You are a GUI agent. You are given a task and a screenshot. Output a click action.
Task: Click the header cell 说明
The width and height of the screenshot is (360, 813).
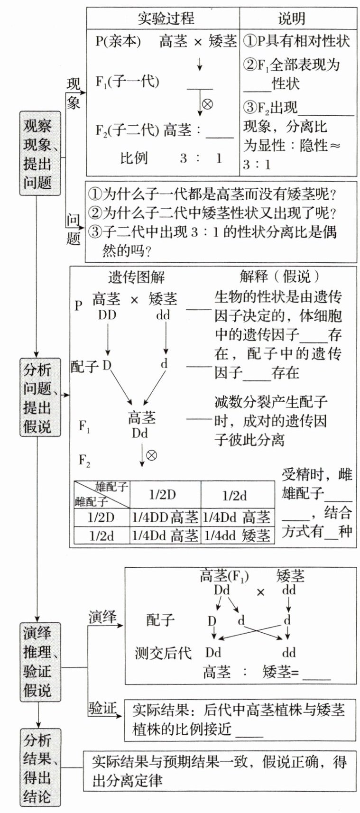pos(291,18)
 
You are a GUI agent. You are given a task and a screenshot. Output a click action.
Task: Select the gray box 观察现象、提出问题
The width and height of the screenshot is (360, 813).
pos(40,153)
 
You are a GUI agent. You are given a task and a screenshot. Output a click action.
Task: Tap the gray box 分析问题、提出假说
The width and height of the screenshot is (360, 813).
pos(40,397)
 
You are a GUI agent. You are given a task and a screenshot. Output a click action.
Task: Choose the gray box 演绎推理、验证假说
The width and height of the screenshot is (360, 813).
pos(40,662)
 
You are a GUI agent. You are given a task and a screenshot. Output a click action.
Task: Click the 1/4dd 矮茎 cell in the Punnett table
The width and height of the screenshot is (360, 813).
pos(237,536)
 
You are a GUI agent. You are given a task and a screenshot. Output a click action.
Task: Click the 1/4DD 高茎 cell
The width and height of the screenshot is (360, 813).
pos(165,517)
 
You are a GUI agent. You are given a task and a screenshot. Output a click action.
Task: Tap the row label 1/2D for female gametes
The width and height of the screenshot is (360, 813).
pos(101,517)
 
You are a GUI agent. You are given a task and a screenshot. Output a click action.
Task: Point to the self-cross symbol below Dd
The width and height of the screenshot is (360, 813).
pos(151,456)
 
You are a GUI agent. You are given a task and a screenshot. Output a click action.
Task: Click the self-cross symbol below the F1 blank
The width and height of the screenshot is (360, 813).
pos(207,103)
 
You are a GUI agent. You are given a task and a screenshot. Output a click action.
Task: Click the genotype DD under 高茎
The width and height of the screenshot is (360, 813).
pos(107,315)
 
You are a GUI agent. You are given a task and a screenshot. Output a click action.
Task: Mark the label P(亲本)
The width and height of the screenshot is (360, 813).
pos(118,42)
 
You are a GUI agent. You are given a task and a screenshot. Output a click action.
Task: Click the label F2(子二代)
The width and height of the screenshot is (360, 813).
pos(127,130)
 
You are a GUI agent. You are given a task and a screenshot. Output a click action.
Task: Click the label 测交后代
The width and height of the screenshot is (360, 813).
pos(163,653)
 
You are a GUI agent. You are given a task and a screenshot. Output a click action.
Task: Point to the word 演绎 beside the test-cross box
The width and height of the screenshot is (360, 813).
pos(102,617)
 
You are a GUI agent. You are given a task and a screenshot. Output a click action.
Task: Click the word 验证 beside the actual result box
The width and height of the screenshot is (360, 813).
pos(102,709)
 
